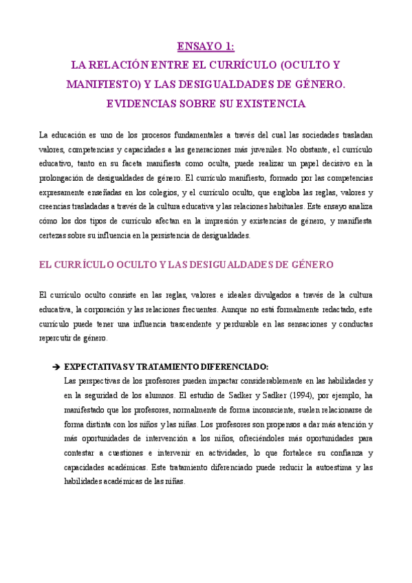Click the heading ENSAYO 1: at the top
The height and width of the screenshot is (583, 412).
click(206, 47)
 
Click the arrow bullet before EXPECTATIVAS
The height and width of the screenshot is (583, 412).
click(55, 366)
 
